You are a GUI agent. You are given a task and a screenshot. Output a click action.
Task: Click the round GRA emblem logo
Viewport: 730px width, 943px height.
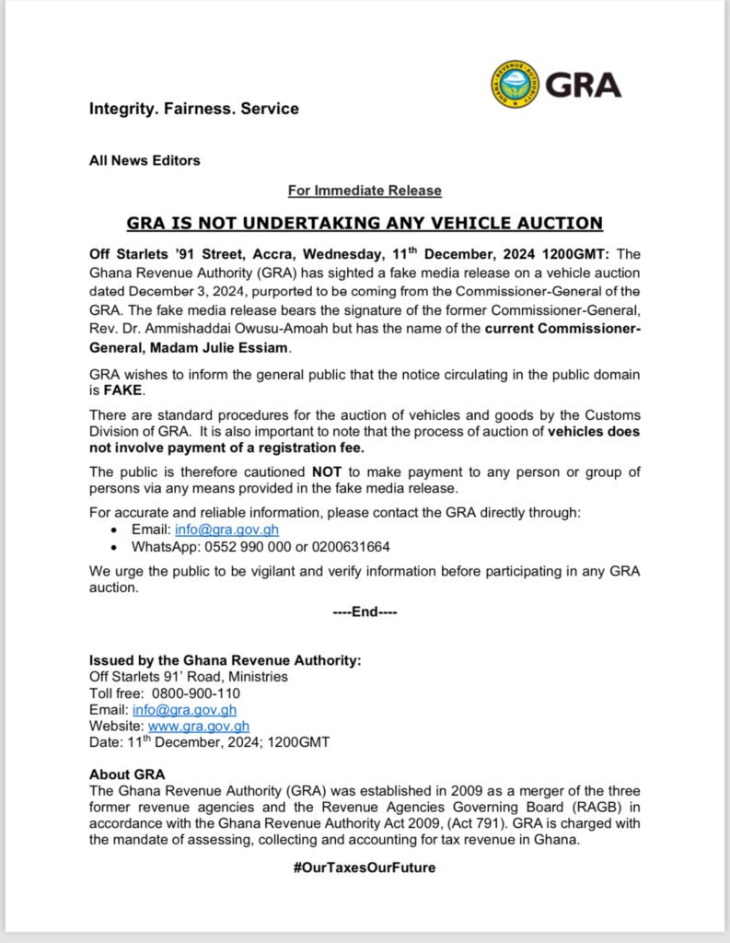tap(515, 85)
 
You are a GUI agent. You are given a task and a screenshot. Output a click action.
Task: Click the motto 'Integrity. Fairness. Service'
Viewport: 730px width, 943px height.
tap(193, 109)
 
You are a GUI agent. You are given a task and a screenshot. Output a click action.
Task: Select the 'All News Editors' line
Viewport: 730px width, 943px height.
tap(145, 160)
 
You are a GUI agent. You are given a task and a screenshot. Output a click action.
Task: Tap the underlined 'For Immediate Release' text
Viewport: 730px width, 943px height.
tap(365, 191)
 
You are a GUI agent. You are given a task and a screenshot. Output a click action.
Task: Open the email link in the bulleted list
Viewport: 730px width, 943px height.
tap(226, 530)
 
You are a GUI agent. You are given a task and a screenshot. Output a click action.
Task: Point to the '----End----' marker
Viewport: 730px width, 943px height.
tap(365, 611)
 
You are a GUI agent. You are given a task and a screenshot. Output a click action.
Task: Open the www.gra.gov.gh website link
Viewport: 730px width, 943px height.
tap(199, 726)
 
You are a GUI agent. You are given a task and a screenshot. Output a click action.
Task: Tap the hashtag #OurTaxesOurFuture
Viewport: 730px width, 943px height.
tap(365, 867)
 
